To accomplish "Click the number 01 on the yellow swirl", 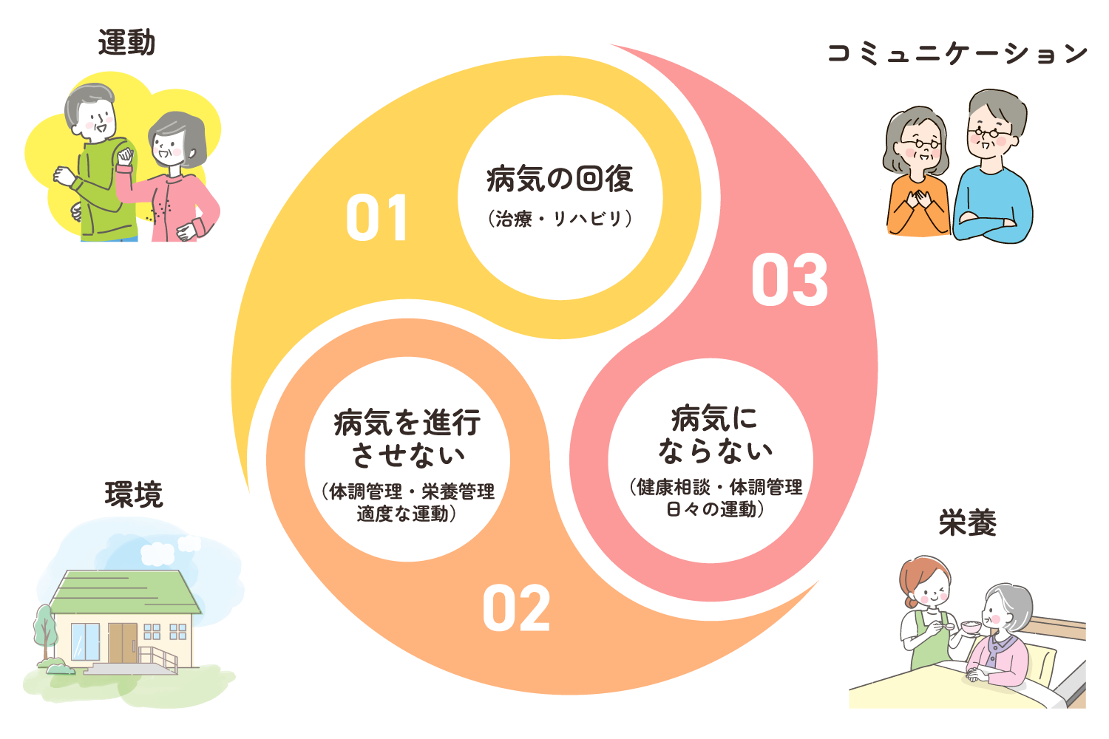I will (377, 219).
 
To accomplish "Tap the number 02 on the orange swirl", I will (516, 609).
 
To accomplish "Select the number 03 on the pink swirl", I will (790, 281).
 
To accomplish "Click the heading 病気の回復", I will (560, 180).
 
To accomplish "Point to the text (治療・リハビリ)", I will (560, 219).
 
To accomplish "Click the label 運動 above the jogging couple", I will (126, 43).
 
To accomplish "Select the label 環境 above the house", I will (133, 494).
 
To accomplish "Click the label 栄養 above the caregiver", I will (967, 522).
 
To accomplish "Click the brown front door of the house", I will (123, 642).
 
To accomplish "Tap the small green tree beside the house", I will (44, 628).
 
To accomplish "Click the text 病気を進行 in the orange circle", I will (407, 423).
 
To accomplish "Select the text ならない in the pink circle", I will (715, 451).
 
